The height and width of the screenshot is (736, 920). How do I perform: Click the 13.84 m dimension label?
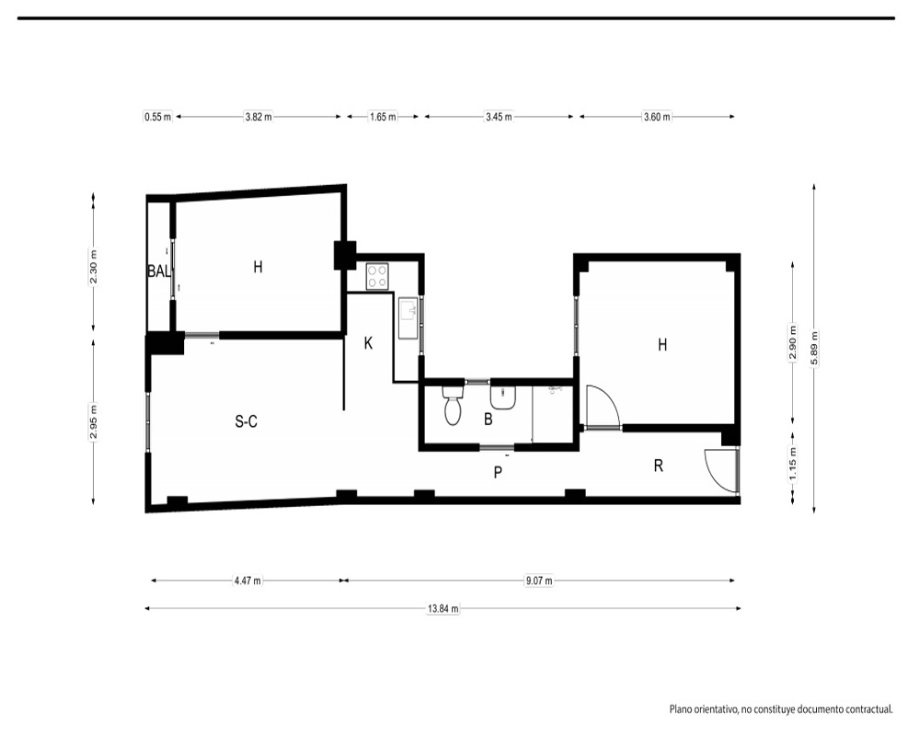pyautogui.click(x=443, y=609)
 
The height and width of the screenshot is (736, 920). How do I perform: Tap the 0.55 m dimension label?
pyautogui.click(x=158, y=117)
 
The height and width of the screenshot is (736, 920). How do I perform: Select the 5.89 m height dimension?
pyautogui.click(x=814, y=349)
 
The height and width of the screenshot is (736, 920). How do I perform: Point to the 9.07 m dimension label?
pyautogui.click(x=538, y=581)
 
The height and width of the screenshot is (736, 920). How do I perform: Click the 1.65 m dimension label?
pyautogui.click(x=383, y=117)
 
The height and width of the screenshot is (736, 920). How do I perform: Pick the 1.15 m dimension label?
pyautogui.click(x=793, y=464)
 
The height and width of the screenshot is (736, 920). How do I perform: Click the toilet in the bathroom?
pyautogui.click(x=453, y=405)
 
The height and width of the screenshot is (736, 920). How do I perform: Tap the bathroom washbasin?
pyautogui.click(x=503, y=397)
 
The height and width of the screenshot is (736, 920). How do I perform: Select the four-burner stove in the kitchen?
pyautogui.click(x=377, y=276)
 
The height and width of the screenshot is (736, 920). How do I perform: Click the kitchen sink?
pyautogui.click(x=408, y=318)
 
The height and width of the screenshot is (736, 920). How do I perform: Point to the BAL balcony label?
pyautogui.click(x=159, y=271)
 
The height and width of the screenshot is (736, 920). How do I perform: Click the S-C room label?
pyautogui.click(x=246, y=421)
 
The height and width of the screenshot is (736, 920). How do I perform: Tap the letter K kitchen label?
pyautogui.click(x=369, y=343)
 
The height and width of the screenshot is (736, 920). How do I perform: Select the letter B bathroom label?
pyautogui.click(x=489, y=420)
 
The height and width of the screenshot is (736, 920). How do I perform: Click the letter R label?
pyautogui.click(x=659, y=466)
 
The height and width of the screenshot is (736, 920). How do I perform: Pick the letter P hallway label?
pyautogui.click(x=498, y=473)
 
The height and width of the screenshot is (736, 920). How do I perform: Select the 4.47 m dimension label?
pyautogui.click(x=247, y=581)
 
